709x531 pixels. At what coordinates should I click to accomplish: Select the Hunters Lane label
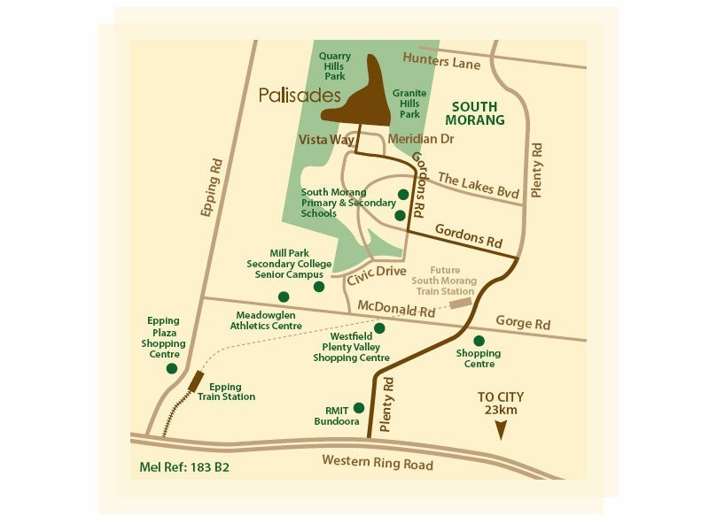tap(440, 61)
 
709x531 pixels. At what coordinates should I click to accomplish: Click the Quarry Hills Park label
tap(334, 66)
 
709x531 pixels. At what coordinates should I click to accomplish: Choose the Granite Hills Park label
tap(409, 104)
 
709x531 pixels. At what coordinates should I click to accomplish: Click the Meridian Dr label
tap(421, 139)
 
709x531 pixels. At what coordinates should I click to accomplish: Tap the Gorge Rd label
tap(523, 322)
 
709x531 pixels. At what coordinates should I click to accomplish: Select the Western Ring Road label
tap(377, 462)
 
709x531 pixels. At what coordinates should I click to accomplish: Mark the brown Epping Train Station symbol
tap(196, 381)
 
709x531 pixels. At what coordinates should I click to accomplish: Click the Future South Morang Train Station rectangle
tap(460, 304)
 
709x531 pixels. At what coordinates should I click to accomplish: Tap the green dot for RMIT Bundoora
tap(359, 408)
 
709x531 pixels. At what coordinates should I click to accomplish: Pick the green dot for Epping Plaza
tap(171, 368)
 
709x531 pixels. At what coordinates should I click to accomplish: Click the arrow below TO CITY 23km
tap(501, 430)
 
